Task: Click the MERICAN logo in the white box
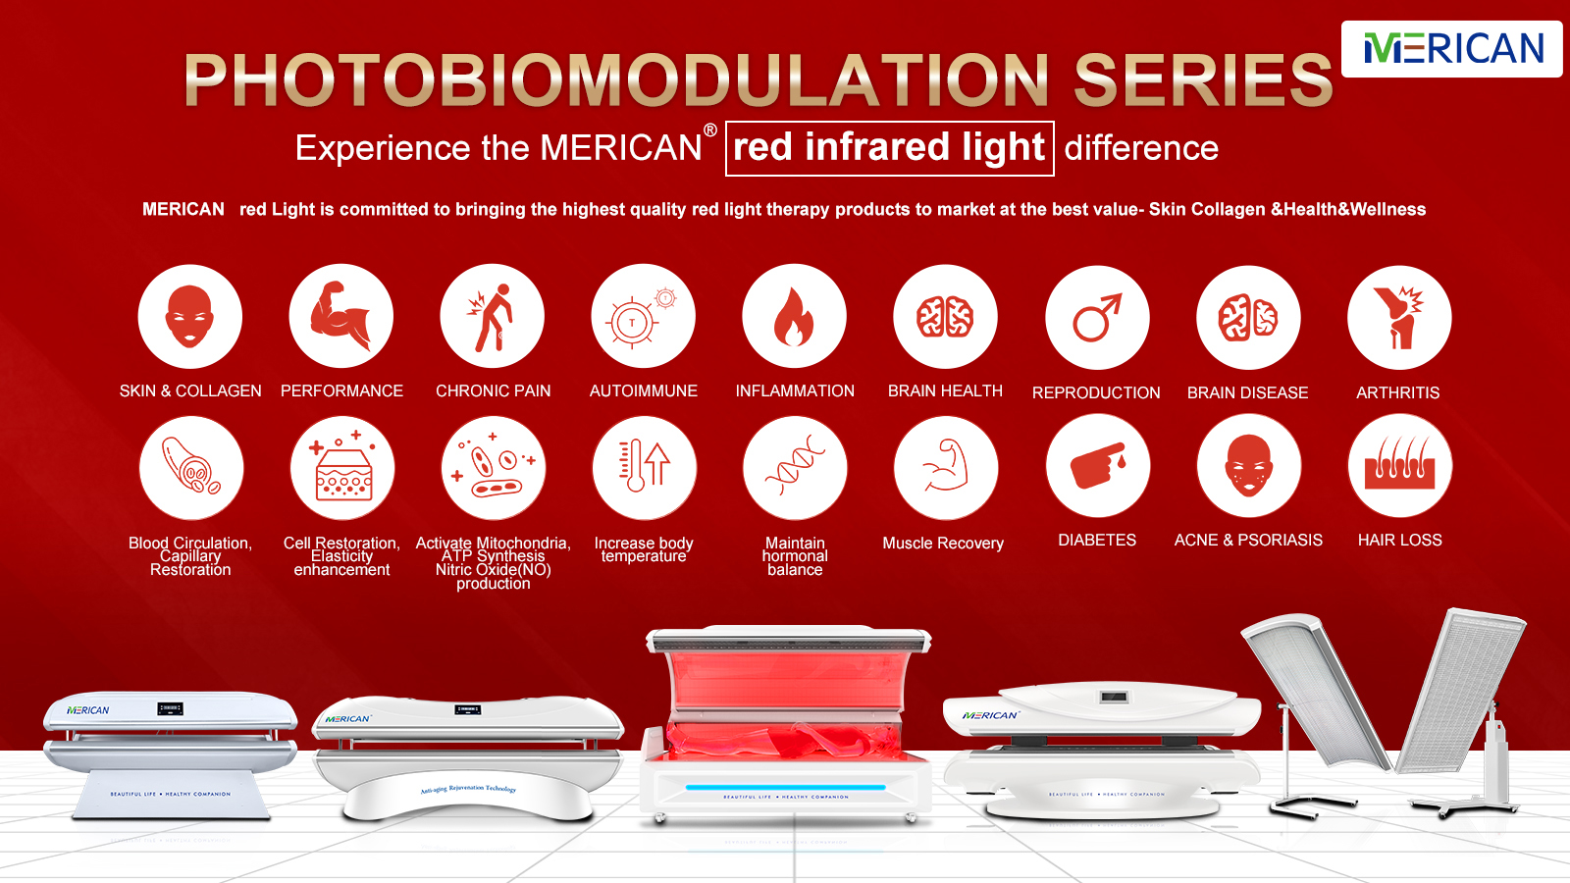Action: coord(1452,48)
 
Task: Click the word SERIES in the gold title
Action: coord(1203,80)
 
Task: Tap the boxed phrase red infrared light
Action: coord(889,148)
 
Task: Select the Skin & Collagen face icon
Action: coord(189,317)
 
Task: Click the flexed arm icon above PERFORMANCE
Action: coord(340,317)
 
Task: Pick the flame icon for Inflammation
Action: coord(794,317)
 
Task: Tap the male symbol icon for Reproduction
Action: coord(1097,318)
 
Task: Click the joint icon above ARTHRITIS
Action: coord(1399,318)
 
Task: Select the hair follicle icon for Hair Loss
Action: coord(1399,466)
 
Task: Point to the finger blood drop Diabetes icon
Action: coord(1097,466)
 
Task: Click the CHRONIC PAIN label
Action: coord(493,391)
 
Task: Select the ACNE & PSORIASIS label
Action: coord(1248,541)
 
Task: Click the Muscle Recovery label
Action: coord(943,544)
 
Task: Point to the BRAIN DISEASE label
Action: coord(1247,393)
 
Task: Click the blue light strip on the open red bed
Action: coord(785,787)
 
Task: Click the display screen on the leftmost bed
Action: coord(170,708)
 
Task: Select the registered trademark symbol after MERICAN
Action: coord(710,130)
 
